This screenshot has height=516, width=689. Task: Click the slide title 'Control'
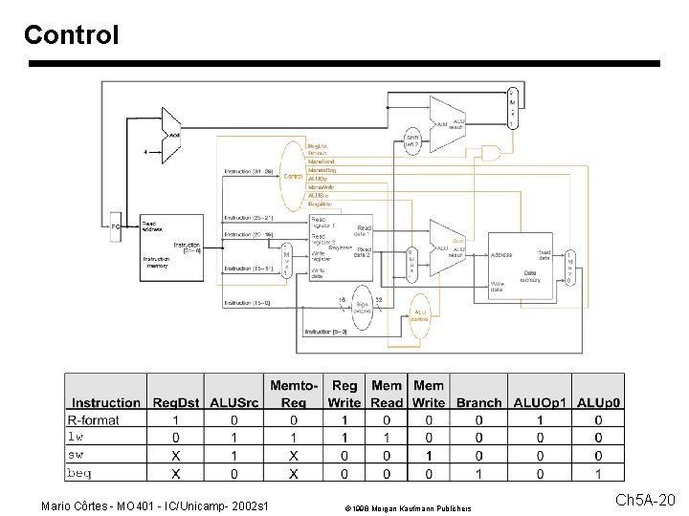click(x=72, y=35)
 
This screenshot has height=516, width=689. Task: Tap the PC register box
click(x=115, y=226)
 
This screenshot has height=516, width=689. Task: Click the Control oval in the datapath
click(x=293, y=176)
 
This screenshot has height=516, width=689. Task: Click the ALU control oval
click(x=419, y=315)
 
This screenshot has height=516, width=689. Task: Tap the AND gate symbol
click(x=491, y=153)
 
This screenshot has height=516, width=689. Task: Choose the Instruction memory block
click(x=171, y=247)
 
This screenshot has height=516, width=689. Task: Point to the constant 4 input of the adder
click(x=144, y=151)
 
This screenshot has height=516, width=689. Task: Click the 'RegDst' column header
click(x=175, y=403)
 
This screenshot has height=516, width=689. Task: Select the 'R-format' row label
click(x=94, y=420)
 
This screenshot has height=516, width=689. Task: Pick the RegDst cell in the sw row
click(x=175, y=456)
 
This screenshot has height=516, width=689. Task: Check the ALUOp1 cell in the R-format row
click(x=541, y=420)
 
